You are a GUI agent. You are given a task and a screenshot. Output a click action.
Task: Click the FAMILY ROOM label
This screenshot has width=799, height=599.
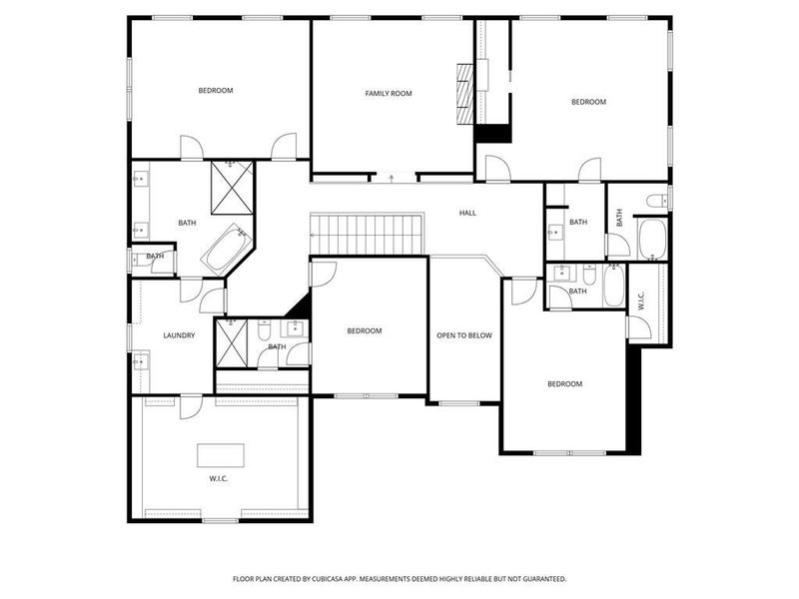pyautogui.click(x=389, y=93)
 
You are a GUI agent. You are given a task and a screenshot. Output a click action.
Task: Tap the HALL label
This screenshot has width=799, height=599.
pyautogui.click(x=467, y=213)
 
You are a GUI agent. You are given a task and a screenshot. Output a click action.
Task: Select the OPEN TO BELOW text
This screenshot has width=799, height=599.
pyautogui.click(x=464, y=335)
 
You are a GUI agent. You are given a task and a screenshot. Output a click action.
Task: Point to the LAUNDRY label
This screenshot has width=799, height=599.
pyautogui.click(x=179, y=335)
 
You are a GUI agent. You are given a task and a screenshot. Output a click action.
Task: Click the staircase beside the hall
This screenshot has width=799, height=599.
pyautogui.click(x=369, y=235)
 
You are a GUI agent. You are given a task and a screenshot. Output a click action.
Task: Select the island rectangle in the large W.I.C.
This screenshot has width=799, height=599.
pyautogui.click(x=219, y=454)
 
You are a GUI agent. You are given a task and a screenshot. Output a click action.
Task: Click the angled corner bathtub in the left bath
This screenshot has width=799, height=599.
pyautogui.click(x=228, y=250)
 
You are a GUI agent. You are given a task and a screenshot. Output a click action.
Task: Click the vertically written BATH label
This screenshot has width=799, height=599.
pyautogui.click(x=619, y=217)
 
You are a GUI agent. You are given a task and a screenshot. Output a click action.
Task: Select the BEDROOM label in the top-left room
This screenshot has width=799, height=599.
pyautogui.click(x=216, y=91)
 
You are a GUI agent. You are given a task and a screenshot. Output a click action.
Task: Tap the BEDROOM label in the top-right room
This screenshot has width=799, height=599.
pyautogui.click(x=588, y=102)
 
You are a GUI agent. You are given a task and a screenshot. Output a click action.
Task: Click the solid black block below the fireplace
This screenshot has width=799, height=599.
pyautogui.click(x=492, y=134)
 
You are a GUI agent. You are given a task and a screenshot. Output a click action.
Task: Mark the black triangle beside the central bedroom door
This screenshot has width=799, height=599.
pyautogui.click(x=300, y=304)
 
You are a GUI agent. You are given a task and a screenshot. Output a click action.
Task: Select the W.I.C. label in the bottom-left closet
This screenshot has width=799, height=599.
pyautogui.click(x=219, y=479)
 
